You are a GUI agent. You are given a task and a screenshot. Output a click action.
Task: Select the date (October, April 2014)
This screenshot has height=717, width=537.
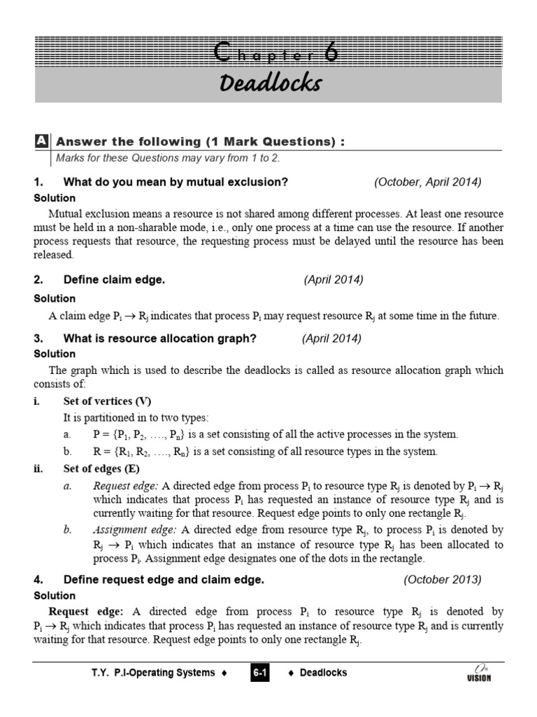coord(428,182)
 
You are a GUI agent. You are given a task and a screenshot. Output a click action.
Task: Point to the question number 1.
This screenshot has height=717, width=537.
coord(38,182)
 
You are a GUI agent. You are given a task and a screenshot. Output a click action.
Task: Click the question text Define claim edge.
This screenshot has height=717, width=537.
coord(114,279)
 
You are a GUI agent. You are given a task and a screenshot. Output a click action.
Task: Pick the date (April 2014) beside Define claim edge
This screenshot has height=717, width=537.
coord(334,279)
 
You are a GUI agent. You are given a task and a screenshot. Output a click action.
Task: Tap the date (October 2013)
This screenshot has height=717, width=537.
coord(443,579)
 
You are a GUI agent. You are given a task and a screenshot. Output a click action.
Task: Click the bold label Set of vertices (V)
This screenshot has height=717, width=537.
coord(107,401)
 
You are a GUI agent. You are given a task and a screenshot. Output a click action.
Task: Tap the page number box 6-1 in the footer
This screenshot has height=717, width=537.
coord(260,674)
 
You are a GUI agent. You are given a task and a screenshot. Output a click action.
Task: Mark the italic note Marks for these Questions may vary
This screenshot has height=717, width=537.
coord(168,158)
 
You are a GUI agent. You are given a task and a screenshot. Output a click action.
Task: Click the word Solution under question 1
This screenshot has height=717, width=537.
coord(55,198)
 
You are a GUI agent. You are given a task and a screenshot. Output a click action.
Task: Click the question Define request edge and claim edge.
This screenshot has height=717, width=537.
coord(164,579)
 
